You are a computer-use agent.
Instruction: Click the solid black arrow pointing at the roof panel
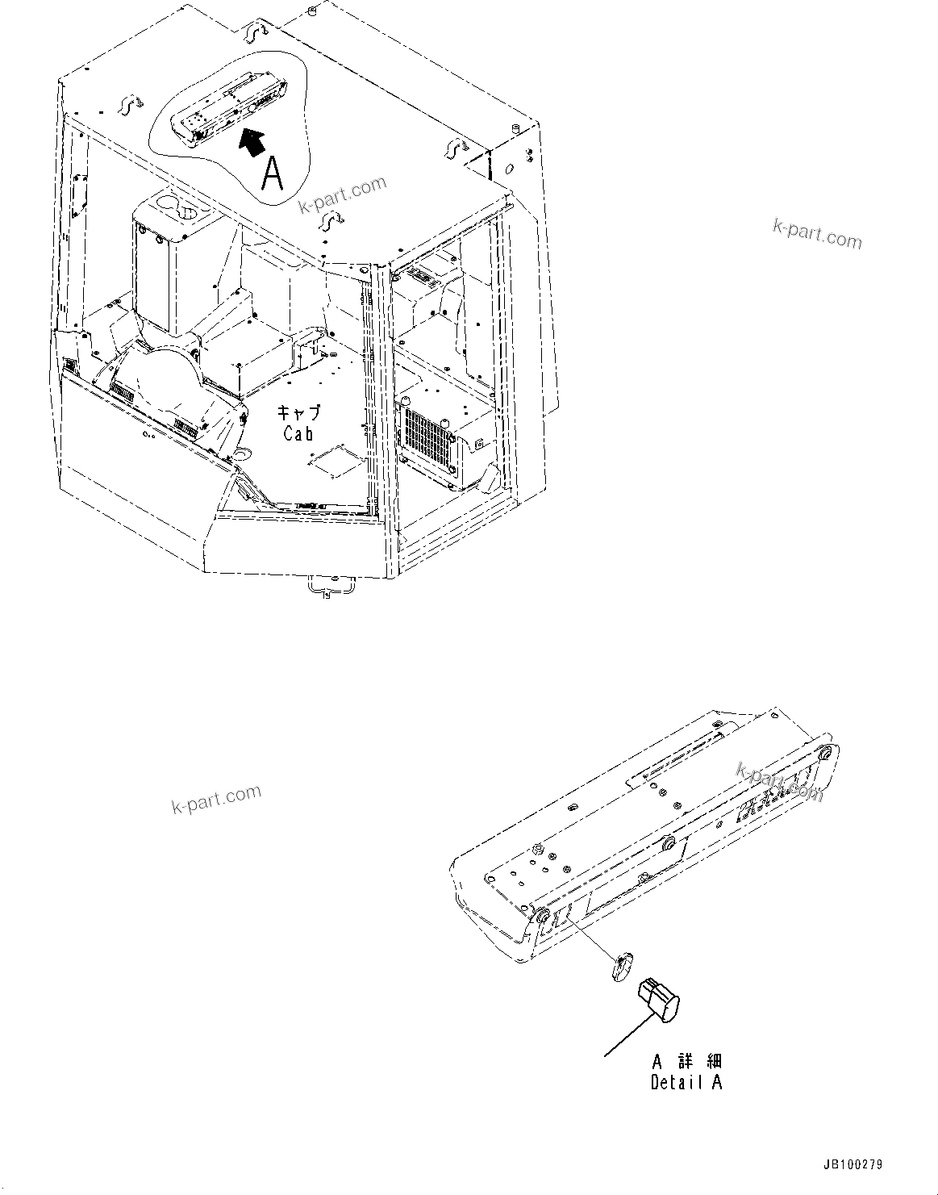[252, 142]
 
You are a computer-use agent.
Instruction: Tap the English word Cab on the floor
[298, 433]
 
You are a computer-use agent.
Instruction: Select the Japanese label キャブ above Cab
[298, 413]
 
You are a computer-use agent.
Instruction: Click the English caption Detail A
[686, 1083]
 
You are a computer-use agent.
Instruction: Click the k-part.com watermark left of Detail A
[216, 799]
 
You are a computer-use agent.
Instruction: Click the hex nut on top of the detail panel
[536, 848]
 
